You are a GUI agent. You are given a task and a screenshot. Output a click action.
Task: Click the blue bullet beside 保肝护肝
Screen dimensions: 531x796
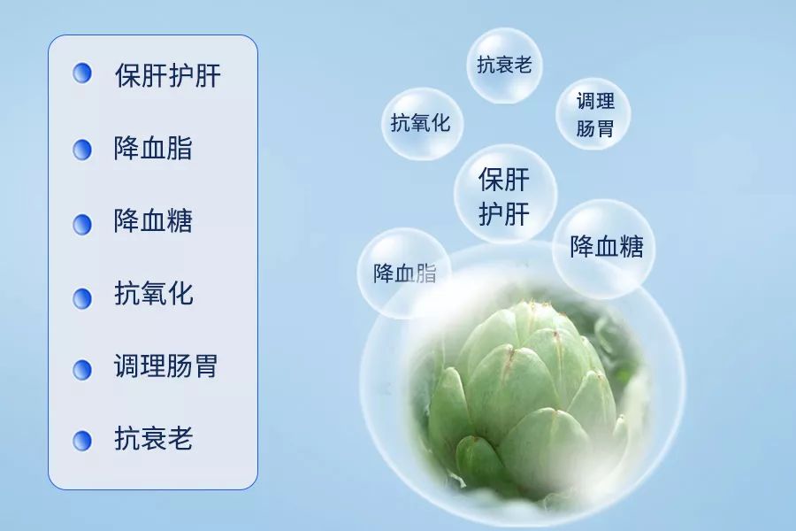point(82,73)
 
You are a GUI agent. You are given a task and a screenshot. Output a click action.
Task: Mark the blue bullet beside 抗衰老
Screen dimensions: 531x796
point(82,440)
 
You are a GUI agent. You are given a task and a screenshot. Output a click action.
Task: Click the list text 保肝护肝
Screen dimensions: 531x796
point(167,75)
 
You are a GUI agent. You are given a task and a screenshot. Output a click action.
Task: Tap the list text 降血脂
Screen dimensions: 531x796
point(153,149)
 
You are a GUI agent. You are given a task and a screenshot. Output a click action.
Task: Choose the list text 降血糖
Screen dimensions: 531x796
point(153,221)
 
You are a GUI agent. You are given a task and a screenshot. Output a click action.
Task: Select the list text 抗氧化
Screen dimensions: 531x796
point(153,294)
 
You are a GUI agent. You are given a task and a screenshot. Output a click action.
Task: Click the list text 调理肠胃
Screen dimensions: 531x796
point(165,366)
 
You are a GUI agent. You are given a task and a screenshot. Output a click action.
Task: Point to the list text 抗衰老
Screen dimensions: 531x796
point(153,439)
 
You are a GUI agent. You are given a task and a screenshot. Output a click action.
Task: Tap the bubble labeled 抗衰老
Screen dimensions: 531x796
point(504,65)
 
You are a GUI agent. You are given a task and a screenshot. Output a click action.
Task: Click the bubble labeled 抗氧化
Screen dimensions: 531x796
point(421,124)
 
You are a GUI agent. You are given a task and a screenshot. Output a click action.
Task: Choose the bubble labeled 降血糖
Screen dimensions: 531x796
point(606,247)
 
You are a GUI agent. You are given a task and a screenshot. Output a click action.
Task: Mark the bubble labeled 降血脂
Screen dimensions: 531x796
point(404,273)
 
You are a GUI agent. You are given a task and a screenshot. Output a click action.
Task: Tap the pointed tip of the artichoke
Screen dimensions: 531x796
point(532,305)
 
